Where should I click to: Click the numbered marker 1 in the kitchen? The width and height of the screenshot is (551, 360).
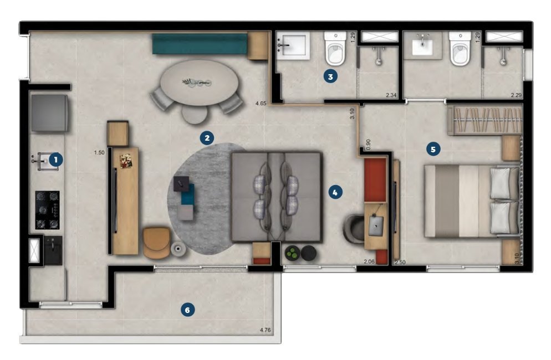click(56, 160)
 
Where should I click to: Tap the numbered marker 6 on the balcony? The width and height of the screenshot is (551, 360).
click(187, 310)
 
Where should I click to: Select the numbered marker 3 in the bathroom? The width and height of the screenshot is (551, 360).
click(330, 76)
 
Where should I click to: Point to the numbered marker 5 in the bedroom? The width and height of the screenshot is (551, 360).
click(433, 150)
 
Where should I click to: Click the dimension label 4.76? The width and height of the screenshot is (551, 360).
click(266, 330)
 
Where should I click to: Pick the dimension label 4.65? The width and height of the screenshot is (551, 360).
click(261, 103)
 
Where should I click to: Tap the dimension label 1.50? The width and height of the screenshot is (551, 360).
click(99, 152)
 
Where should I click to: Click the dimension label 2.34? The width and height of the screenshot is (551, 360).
click(391, 95)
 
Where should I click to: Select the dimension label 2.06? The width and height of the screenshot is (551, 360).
click(369, 261)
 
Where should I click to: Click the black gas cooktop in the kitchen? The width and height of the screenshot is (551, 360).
click(47, 210)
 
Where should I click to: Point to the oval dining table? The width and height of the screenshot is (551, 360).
click(199, 83)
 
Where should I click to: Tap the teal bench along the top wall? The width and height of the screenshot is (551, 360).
click(200, 44)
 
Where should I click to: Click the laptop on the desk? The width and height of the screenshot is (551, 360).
click(376, 226)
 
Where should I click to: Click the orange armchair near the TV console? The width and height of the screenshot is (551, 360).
click(157, 243)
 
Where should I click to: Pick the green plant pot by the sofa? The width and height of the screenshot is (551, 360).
click(292, 253)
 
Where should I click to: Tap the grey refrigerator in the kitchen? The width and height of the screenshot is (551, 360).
click(49, 113)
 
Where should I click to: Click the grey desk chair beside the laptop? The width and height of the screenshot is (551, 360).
click(354, 229)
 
